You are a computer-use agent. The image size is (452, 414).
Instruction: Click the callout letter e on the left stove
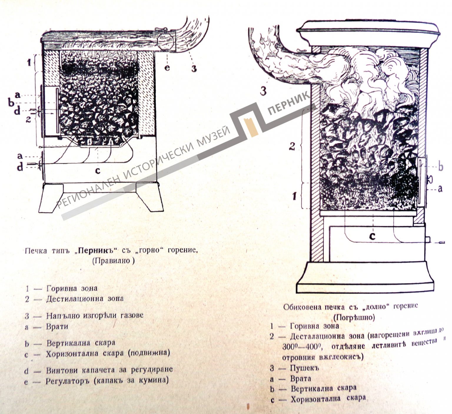click(167, 68)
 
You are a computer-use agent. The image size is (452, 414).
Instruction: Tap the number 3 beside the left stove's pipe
click(194, 68)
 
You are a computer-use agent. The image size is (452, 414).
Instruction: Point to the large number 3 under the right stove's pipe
click(263, 91)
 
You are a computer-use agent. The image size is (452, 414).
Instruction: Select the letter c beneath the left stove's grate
click(98, 170)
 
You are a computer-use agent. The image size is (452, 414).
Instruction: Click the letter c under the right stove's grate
click(372, 236)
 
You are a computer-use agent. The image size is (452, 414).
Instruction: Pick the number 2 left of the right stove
click(292, 146)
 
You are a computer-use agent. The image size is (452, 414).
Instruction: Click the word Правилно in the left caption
click(113, 261)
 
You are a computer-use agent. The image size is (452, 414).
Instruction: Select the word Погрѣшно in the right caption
click(354, 317)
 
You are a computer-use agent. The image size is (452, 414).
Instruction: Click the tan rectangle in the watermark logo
click(251, 127)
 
